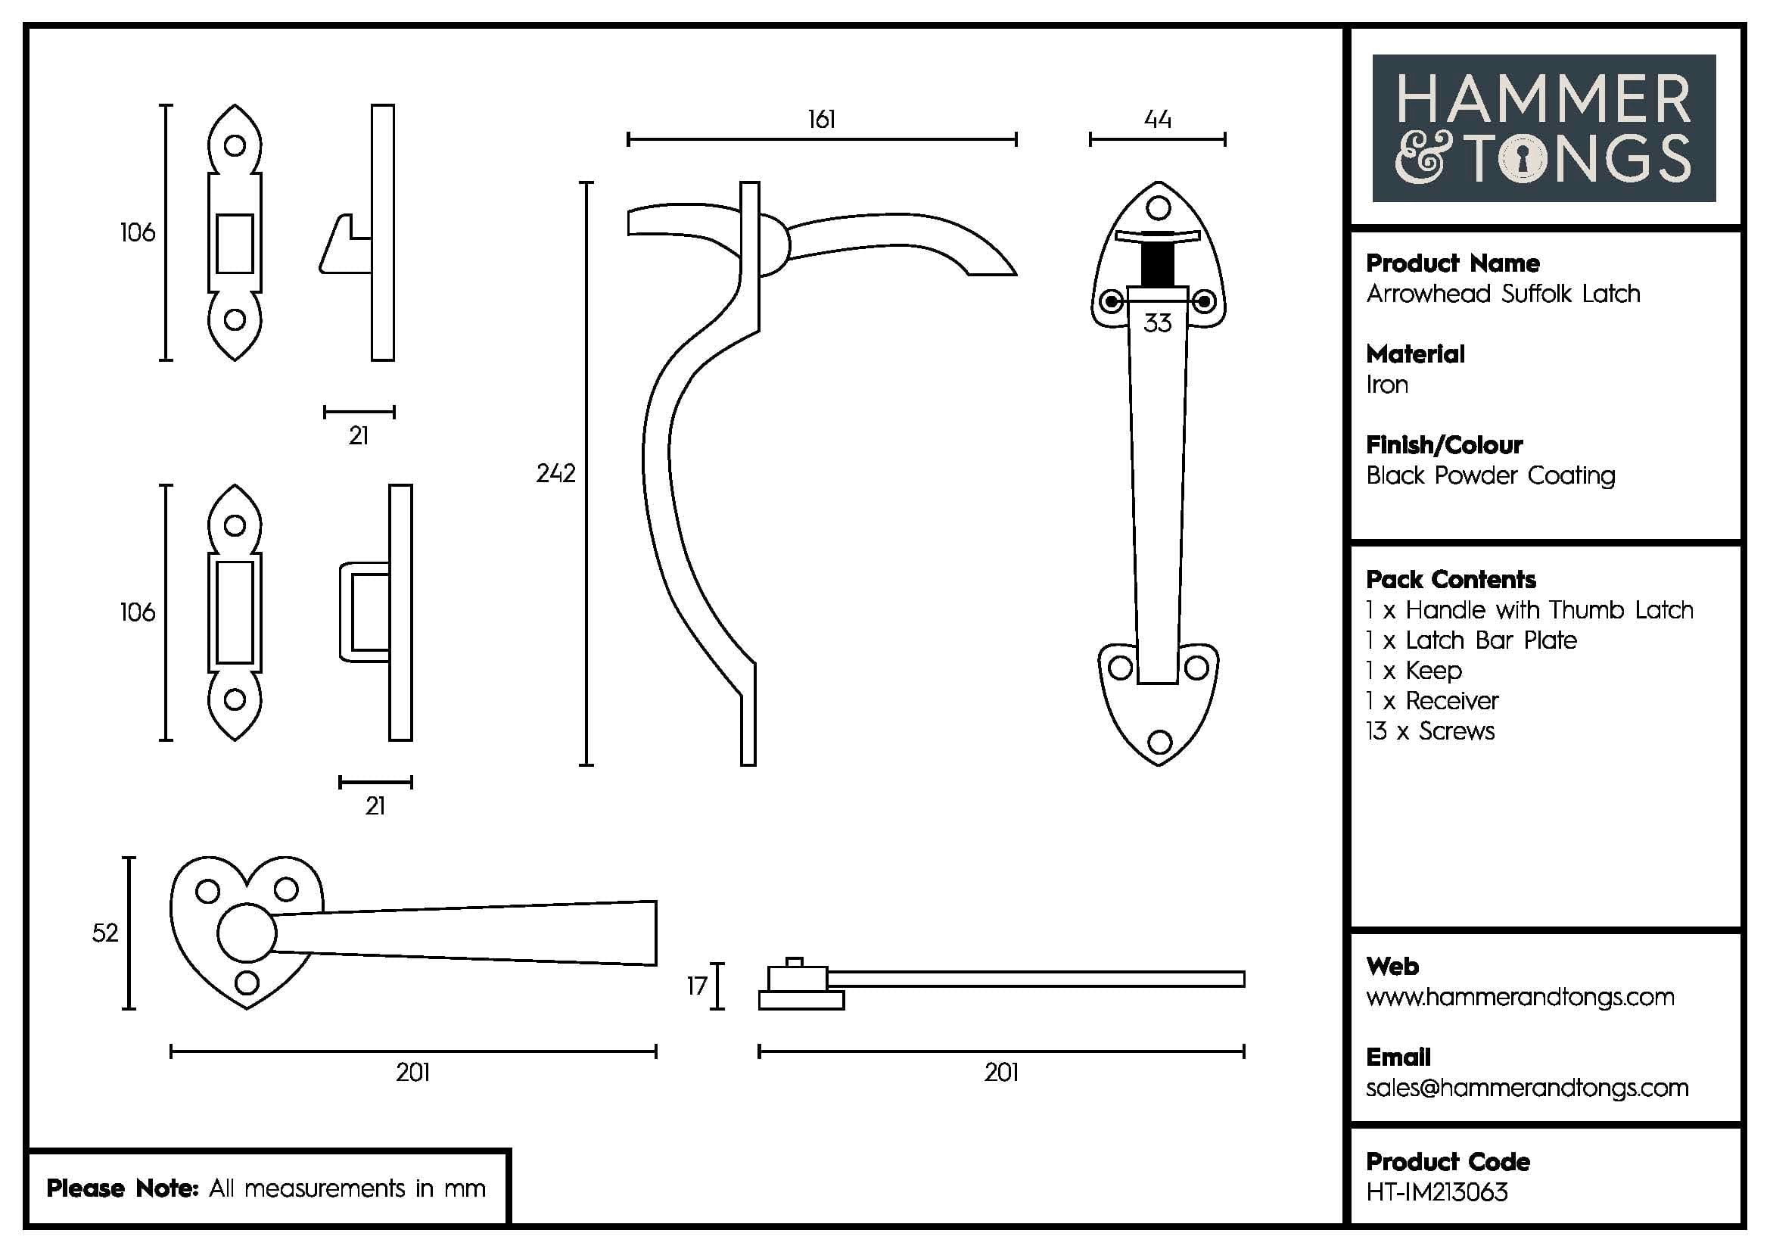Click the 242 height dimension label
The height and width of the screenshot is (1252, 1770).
coord(555,472)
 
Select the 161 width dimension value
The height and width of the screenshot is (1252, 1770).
coord(821,120)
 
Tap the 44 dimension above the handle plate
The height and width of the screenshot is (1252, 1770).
coord(1157,120)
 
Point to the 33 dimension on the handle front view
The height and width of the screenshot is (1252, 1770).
coord(1157,323)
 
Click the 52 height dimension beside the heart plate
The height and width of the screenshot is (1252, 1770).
coord(105,933)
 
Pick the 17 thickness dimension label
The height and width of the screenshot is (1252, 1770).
coord(697,986)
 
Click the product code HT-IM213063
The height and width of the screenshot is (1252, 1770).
coord(1436,1192)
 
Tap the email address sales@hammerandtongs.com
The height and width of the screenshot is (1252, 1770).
coord(1526,1087)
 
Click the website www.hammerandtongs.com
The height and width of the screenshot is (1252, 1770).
coord(1520,997)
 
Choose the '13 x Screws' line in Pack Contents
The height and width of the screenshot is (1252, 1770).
coord(1430,731)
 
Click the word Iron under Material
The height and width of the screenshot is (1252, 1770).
coord(1387,384)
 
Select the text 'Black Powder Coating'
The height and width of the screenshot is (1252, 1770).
coord(1490,475)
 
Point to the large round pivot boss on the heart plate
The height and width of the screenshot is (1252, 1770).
coord(247,932)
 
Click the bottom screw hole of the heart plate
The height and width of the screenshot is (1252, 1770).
coord(247,983)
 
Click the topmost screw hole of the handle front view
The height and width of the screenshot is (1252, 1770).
coord(1158,207)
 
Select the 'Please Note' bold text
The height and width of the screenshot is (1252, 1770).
coord(123,1188)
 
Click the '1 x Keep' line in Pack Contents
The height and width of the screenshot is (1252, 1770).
coord(1414,671)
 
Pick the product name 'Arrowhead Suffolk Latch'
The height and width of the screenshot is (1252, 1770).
coord(1503,294)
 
